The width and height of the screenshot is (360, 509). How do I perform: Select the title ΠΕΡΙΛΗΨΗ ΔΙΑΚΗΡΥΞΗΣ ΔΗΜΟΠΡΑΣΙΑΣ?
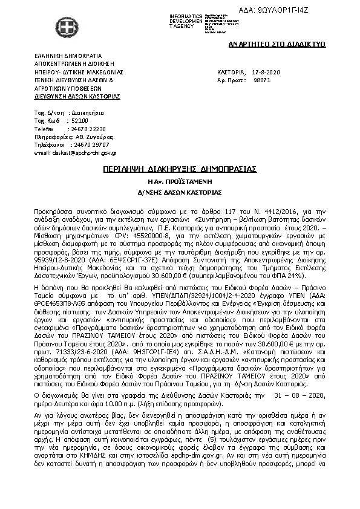coord(180,168)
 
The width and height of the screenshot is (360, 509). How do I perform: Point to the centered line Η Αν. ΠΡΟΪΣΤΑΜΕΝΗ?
coord(180,181)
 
